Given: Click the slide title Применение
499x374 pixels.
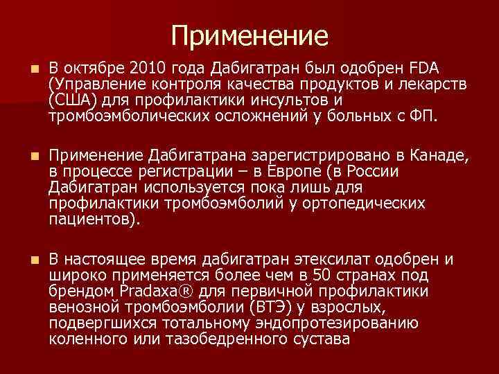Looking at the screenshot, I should point(249,35).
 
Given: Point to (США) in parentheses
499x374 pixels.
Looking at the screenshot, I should point(69,100).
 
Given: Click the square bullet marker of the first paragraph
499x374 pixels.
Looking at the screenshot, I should point(26,70).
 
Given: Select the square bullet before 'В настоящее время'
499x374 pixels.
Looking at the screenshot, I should point(26,260).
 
